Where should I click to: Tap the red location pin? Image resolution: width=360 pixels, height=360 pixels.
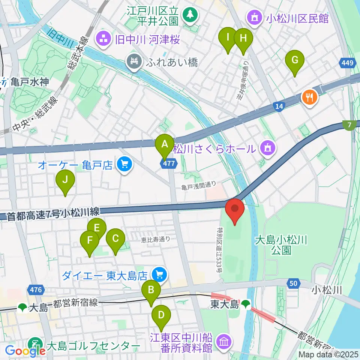click(x=235, y=211)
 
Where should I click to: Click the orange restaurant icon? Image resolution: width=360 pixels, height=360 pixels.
click(x=310, y=98)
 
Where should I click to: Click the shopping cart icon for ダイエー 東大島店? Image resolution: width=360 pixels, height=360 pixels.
click(x=159, y=276)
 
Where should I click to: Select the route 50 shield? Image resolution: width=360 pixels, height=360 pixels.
click(x=294, y=283)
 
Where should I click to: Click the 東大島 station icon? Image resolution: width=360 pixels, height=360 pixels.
click(x=246, y=303)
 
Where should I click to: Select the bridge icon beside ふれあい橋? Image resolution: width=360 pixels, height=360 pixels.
click(x=134, y=62)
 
